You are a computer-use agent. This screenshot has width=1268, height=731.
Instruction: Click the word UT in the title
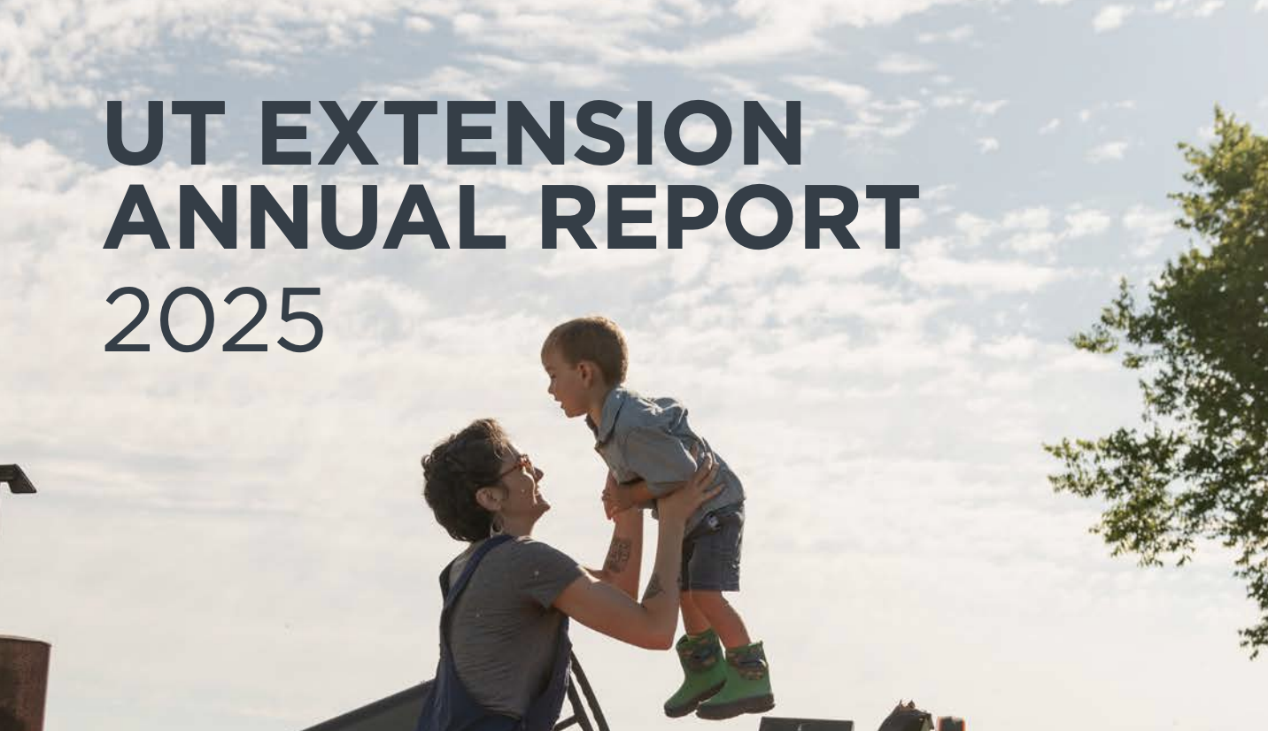click(165, 134)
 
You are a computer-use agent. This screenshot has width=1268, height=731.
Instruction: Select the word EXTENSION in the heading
click(531, 134)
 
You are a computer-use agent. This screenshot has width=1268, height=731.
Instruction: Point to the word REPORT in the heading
click(729, 218)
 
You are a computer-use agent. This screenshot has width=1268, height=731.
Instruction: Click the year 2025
click(213, 319)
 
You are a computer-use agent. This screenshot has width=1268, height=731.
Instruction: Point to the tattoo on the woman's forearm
click(619, 555)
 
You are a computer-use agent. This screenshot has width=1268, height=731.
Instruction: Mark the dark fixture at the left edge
click(15, 480)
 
